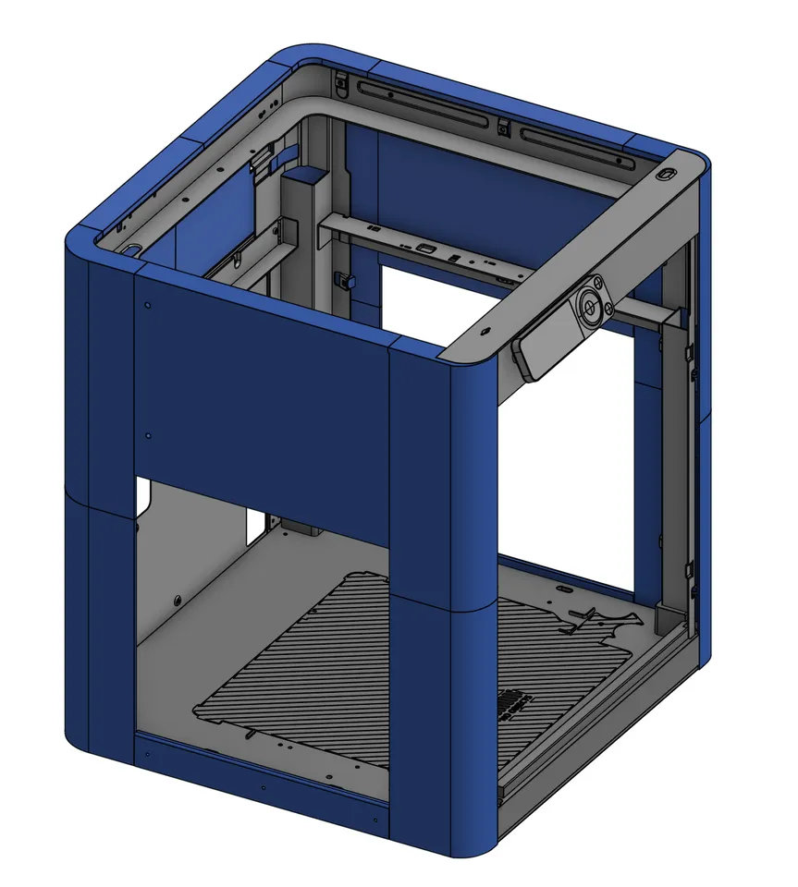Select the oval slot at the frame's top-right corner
[x=666, y=174]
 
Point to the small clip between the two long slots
[x=502, y=126]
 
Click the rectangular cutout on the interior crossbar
[x=425, y=249]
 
